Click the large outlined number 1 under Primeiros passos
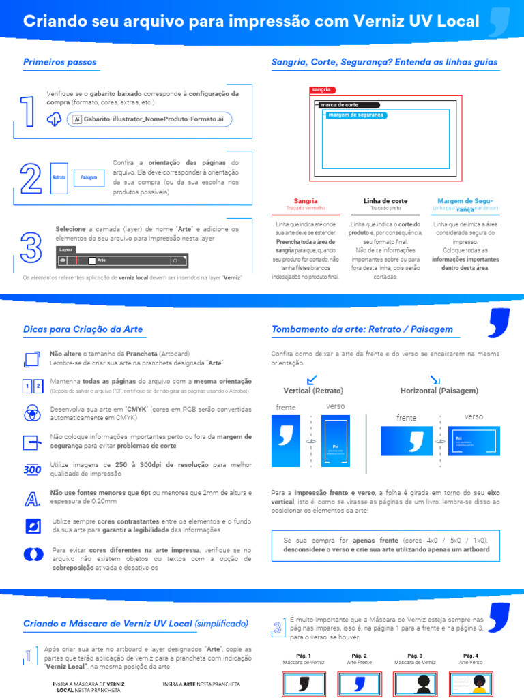28,112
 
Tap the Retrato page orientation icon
59,177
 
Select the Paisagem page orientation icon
89,177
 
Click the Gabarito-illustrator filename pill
149,119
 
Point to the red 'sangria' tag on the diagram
321,90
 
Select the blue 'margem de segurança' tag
355,115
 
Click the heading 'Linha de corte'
385,201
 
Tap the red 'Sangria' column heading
306,201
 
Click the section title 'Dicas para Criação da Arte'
83,329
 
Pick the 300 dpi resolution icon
32,469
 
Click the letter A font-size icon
31,500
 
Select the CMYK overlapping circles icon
32,412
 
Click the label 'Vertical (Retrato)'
313,391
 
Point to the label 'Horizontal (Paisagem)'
439,391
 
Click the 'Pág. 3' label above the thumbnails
415,656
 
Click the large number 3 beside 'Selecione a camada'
31,247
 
